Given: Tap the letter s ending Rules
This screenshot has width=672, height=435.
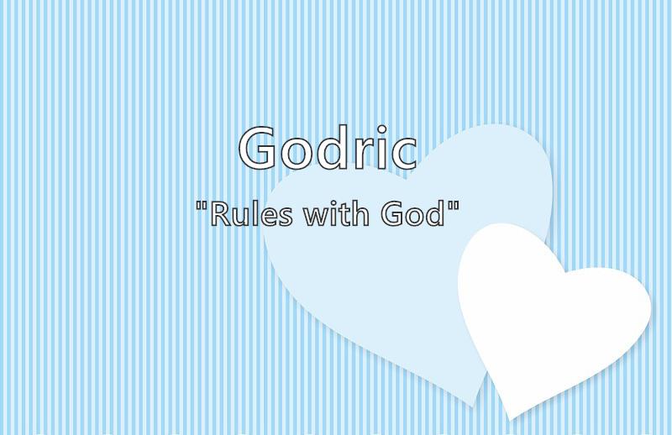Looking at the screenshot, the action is point(286,217).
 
